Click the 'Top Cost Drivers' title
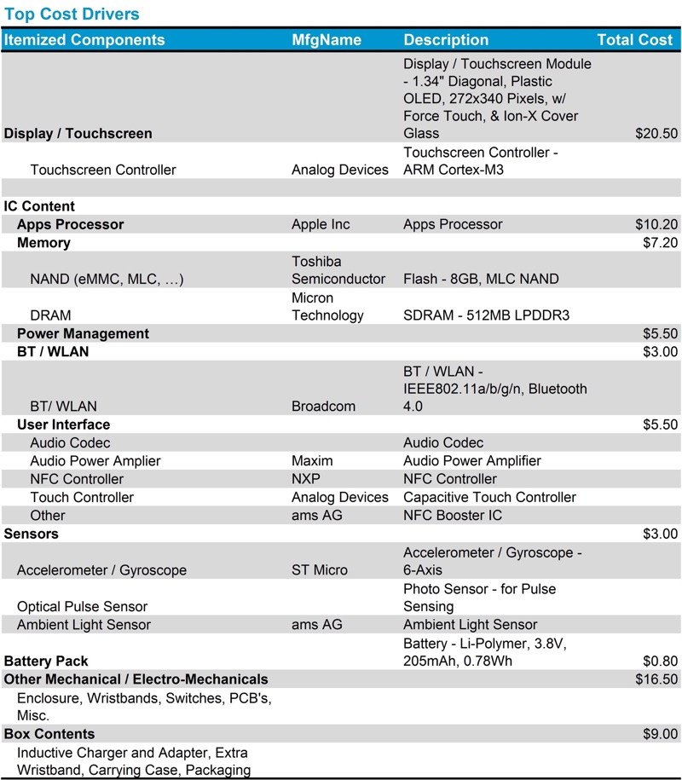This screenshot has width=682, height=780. (72, 14)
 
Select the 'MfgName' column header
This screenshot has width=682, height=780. (327, 40)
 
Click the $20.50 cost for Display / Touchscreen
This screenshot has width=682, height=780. (656, 134)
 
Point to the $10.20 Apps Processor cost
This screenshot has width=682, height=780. (656, 224)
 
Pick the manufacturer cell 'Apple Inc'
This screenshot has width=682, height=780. (321, 224)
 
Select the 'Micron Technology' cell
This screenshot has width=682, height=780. (327, 307)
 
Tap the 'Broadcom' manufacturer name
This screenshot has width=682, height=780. (323, 407)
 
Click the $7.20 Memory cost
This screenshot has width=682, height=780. (660, 243)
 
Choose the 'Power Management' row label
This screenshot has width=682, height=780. (83, 333)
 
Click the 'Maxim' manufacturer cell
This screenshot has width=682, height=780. (312, 460)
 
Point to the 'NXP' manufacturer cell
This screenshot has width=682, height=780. (305, 478)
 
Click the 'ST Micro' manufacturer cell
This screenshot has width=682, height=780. (320, 569)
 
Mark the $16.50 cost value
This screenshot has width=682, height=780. (656, 679)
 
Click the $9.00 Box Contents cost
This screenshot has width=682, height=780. (660, 734)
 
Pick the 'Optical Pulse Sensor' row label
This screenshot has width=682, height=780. (82, 606)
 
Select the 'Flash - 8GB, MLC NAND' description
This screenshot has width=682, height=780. (481, 279)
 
